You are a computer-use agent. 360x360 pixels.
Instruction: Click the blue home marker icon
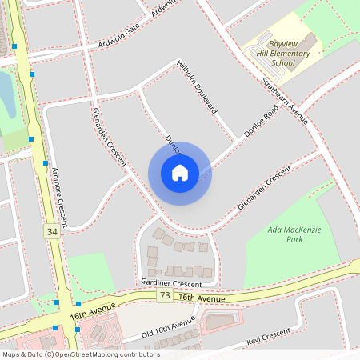179,173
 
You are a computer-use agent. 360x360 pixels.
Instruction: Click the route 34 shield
52,231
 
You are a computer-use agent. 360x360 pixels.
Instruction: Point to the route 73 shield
164,296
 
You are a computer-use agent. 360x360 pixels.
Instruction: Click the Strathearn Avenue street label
285,101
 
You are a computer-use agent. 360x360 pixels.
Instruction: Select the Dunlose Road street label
260,124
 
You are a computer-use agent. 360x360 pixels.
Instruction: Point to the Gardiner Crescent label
170,284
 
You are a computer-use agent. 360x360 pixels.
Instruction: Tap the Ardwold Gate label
119,42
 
